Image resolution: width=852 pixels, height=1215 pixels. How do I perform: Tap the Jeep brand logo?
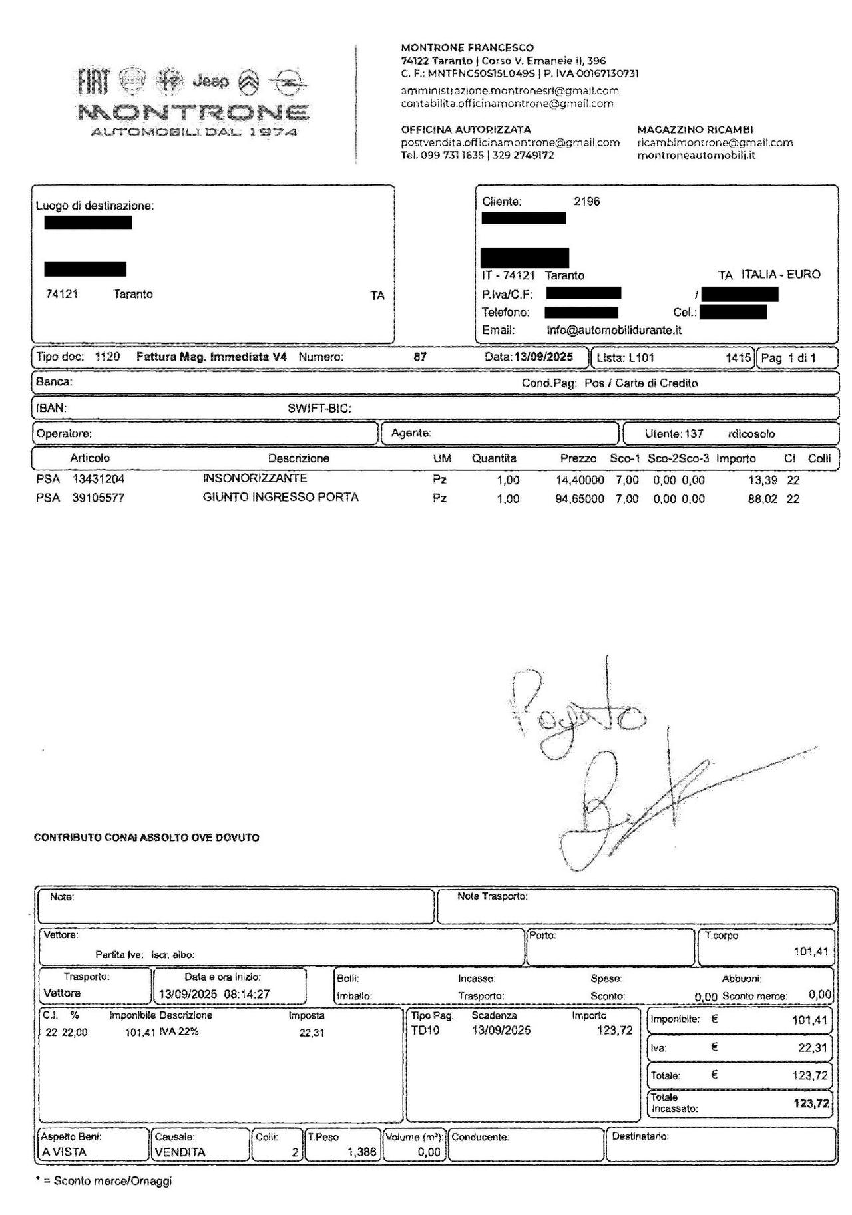click(x=210, y=82)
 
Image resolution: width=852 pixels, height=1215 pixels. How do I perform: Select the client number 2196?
click(x=586, y=202)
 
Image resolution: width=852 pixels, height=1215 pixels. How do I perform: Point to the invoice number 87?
click(x=420, y=357)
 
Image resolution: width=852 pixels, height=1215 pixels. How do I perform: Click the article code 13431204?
click(x=99, y=479)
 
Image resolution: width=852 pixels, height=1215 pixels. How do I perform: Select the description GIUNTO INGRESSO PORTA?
click(x=280, y=498)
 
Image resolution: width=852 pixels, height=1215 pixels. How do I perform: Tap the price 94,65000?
click(x=579, y=499)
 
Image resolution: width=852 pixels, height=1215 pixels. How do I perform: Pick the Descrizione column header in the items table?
click(x=298, y=458)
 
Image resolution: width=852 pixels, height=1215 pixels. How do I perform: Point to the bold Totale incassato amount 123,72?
click(x=811, y=1103)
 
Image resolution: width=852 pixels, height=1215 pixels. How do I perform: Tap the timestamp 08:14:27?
click(x=247, y=994)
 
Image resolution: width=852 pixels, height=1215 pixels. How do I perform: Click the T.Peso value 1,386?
click(x=361, y=1152)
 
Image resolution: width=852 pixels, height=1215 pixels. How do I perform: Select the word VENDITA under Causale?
click(x=180, y=1152)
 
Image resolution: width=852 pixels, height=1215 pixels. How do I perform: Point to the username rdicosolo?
click(x=751, y=434)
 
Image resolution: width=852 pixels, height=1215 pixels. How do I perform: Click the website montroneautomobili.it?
click(x=696, y=156)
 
